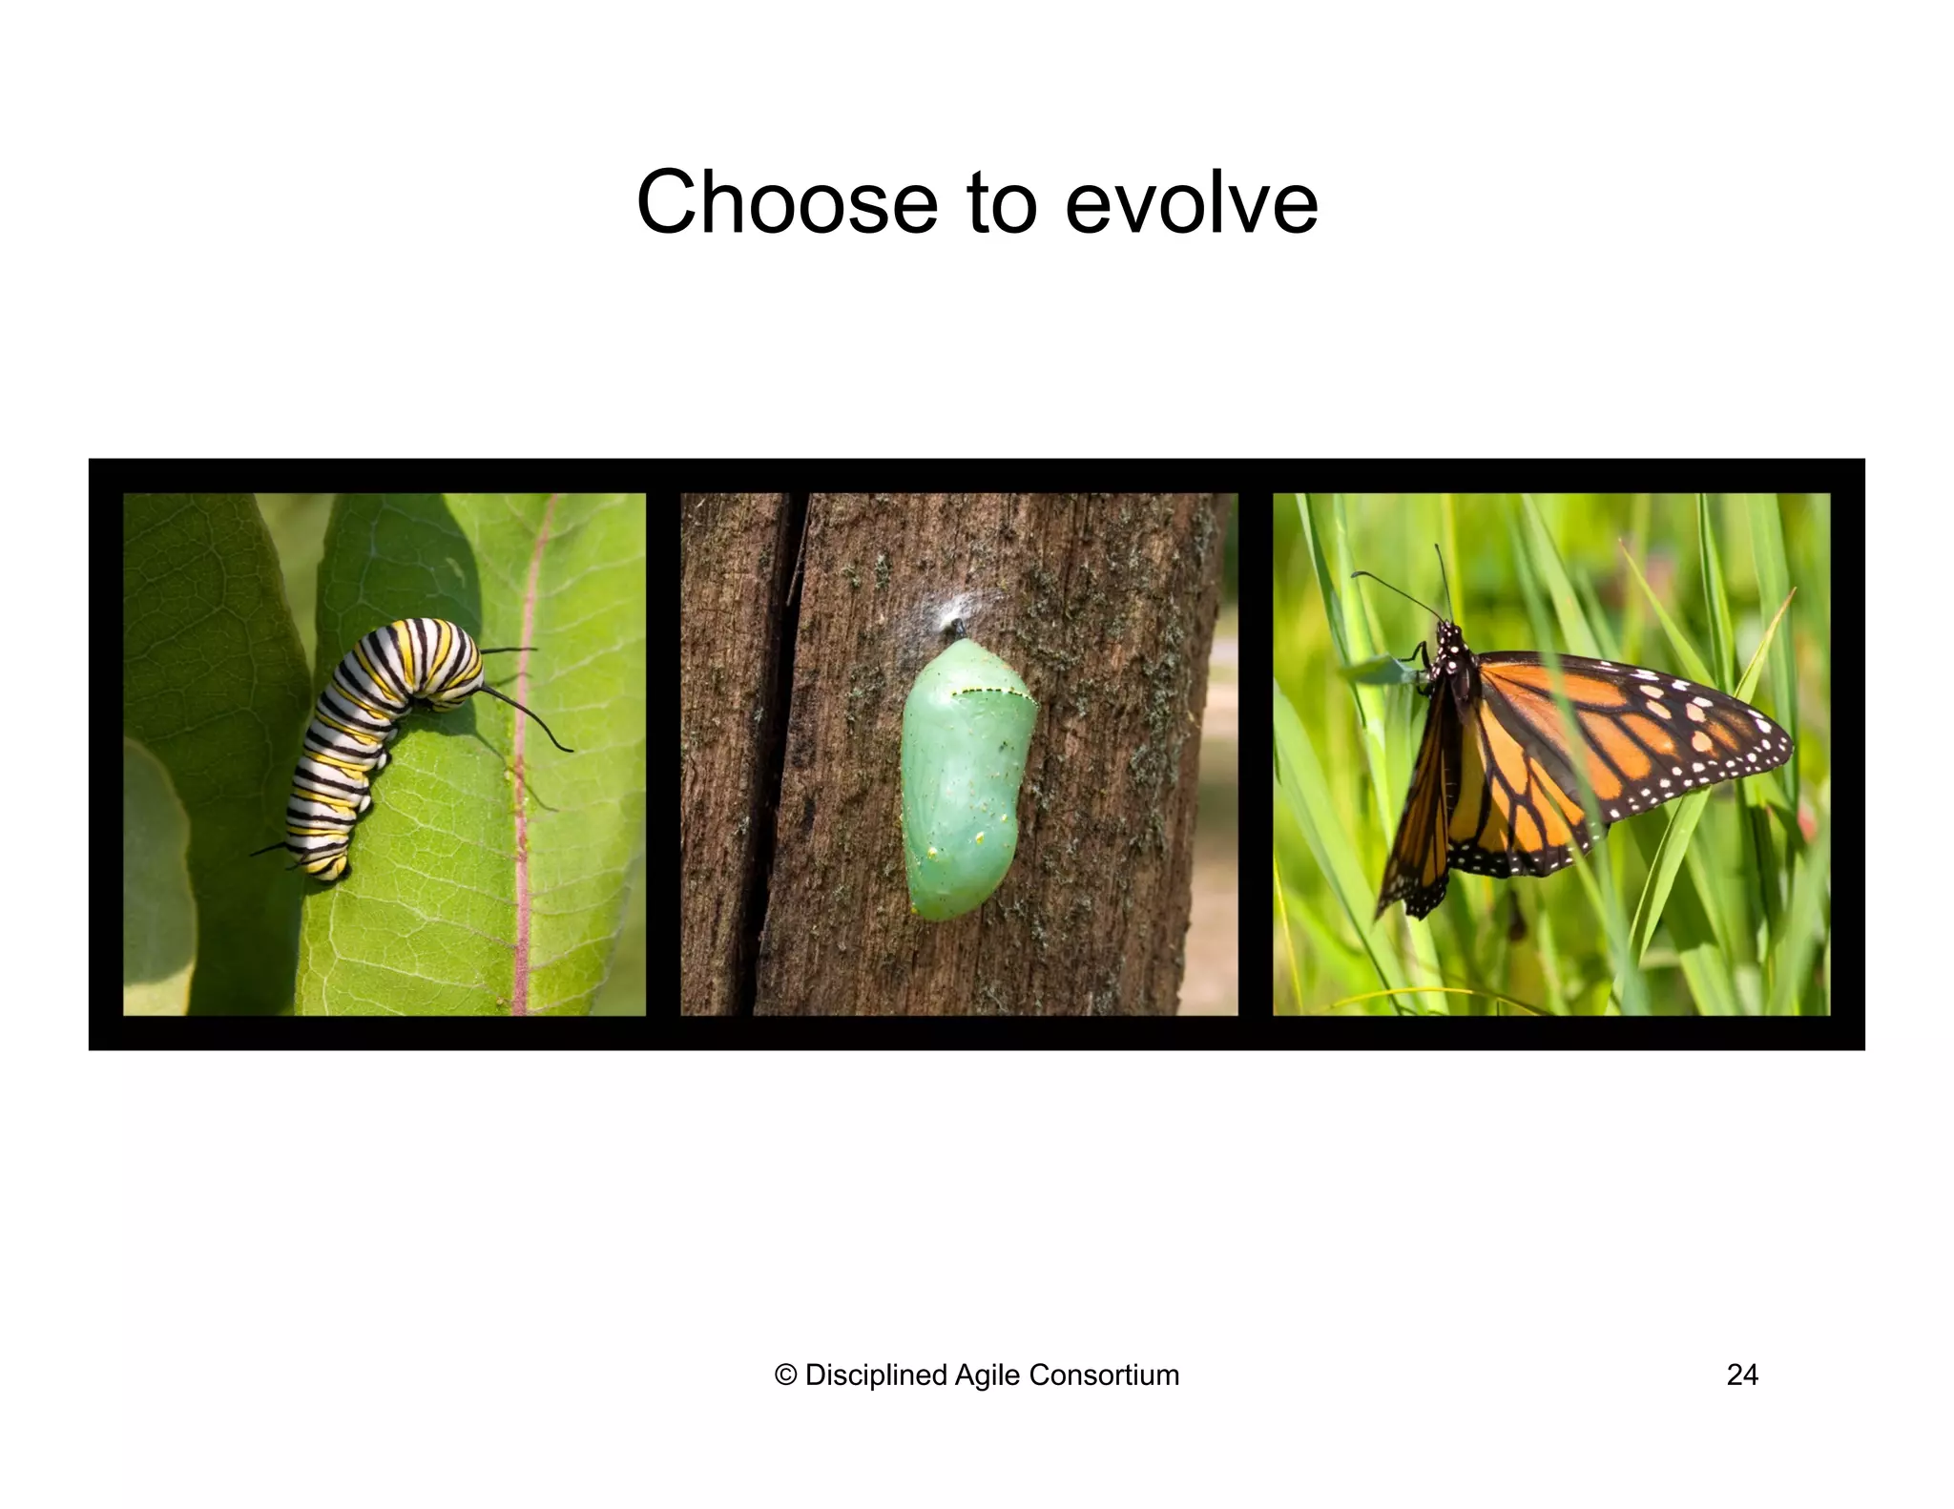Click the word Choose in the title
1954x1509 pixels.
pyautogui.click(x=787, y=202)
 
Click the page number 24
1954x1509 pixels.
pyautogui.click(x=1742, y=1375)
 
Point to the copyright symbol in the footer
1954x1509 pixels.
pyautogui.click(x=785, y=1375)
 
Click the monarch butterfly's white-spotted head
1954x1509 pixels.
pyautogui.click(x=1449, y=637)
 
